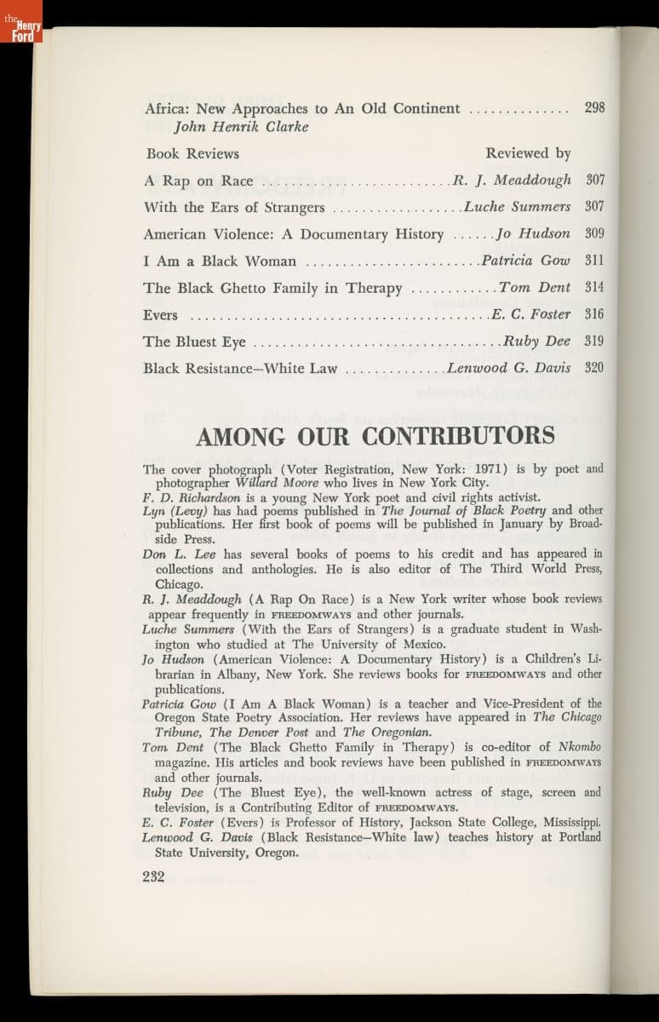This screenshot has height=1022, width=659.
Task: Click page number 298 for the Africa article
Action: point(595,108)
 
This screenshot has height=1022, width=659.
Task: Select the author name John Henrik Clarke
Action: point(241,127)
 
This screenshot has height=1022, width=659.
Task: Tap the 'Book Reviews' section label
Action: point(192,154)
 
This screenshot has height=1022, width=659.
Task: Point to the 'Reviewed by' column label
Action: point(528,153)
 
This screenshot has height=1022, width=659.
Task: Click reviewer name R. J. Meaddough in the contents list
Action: point(512,181)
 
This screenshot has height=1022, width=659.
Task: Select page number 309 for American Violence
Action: point(595,233)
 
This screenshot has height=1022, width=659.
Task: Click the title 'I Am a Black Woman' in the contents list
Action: point(220,261)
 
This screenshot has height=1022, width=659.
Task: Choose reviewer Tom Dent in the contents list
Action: point(535,288)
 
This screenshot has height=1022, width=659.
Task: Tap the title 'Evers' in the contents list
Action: point(160,315)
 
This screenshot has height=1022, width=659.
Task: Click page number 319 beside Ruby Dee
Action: point(595,342)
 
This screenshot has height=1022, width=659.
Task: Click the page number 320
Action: point(595,369)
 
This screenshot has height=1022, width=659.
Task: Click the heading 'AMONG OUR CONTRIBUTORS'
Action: point(375,436)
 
